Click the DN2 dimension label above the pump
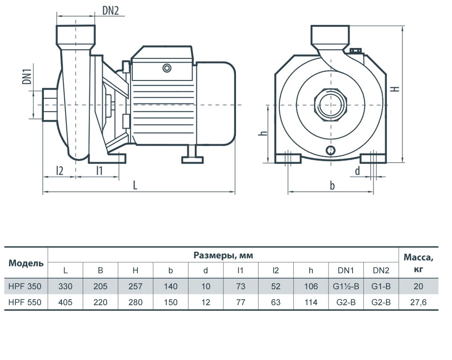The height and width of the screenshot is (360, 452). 110,11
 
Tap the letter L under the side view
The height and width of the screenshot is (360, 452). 135,185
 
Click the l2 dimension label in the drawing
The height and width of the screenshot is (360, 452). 59,171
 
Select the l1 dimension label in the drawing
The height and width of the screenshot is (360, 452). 99,171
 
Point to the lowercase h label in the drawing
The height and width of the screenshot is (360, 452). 264,133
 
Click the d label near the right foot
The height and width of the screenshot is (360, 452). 358,171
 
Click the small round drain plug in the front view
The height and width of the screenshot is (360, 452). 331,150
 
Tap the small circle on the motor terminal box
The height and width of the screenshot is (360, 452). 167,68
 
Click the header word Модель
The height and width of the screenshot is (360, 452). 26,263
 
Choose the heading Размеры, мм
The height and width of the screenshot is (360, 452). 223,255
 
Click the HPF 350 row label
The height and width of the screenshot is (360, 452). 25,286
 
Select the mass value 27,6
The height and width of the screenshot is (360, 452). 418,302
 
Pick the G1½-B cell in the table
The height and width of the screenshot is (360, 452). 346,286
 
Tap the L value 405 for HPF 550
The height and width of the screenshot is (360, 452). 66,302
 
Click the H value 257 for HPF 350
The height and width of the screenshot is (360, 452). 136,286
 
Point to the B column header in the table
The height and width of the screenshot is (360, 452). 100,270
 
